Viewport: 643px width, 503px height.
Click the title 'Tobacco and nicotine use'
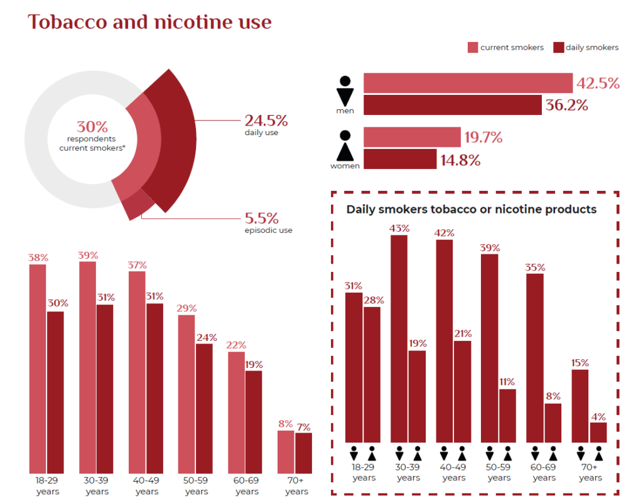tap(149, 22)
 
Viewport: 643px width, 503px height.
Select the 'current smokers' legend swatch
tap(472, 48)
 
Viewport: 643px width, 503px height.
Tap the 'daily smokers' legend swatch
tap(558, 48)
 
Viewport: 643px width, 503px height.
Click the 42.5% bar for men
tap(468, 83)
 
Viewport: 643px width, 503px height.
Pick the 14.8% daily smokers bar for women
tap(400, 160)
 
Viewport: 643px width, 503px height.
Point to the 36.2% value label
tap(566, 105)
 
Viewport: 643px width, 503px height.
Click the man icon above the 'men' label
tap(345, 92)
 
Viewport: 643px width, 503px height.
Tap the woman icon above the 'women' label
tap(345, 146)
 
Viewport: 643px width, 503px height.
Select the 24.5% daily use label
tap(266, 121)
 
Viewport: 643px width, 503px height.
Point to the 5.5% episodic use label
tap(262, 219)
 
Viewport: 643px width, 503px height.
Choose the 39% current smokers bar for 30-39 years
tap(88, 367)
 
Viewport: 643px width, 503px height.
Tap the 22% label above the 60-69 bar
tap(236, 345)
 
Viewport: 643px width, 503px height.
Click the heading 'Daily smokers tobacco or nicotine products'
tap(471, 209)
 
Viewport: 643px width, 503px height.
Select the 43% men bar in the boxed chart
tap(399, 339)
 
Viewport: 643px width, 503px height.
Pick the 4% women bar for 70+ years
tap(598, 433)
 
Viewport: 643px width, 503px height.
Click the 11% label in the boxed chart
tap(507, 382)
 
